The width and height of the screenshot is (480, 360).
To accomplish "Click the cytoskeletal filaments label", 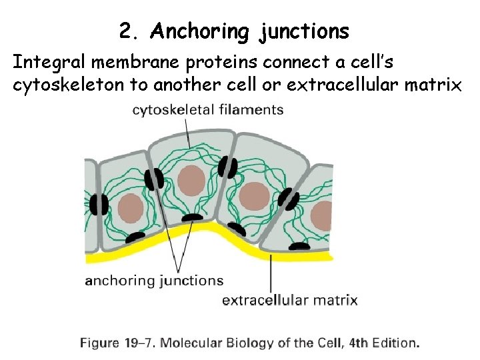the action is (x=208, y=110).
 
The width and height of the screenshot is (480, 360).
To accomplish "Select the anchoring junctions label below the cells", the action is (x=154, y=280).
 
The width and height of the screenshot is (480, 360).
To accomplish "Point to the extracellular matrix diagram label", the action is (x=289, y=300).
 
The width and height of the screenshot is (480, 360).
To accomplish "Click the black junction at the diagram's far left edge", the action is (x=100, y=205).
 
